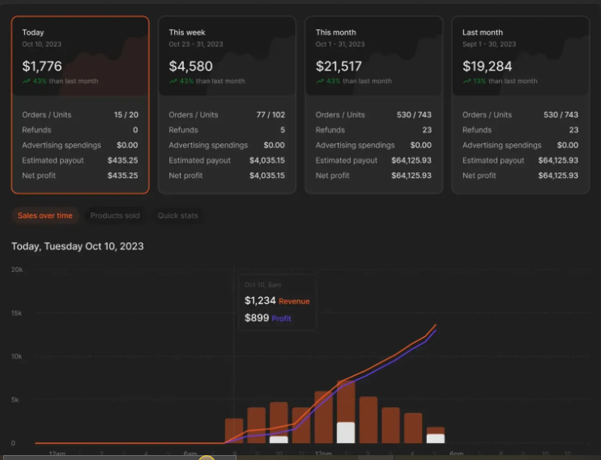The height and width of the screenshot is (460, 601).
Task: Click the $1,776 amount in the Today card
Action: [x=42, y=66]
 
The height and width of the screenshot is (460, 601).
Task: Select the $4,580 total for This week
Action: [x=191, y=66]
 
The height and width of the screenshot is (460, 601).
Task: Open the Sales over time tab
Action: [x=45, y=215]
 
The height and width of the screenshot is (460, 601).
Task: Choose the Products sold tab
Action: [x=114, y=215]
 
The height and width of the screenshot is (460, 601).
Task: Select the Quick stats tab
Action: [x=177, y=215]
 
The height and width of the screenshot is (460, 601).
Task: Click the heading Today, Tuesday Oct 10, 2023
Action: [x=78, y=246]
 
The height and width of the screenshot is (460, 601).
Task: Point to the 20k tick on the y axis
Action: [x=17, y=269]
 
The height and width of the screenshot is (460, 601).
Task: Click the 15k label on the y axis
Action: [x=17, y=313]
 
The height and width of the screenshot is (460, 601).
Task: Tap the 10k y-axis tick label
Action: [x=17, y=356]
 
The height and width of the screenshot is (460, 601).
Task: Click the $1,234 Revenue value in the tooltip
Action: [x=260, y=301]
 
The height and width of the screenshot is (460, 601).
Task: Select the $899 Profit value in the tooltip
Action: [x=256, y=318]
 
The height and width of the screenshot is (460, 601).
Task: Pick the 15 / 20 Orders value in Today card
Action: [x=126, y=115]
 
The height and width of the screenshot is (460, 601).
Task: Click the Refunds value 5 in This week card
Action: [x=282, y=130]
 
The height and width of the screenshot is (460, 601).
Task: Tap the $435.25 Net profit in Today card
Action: [x=122, y=176]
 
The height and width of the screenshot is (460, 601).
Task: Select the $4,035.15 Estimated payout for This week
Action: [x=266, y=160]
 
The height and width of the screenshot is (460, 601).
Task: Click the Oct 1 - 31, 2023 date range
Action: [x=340, y=45]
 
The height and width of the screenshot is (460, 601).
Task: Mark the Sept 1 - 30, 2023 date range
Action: [x=489, y=45]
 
